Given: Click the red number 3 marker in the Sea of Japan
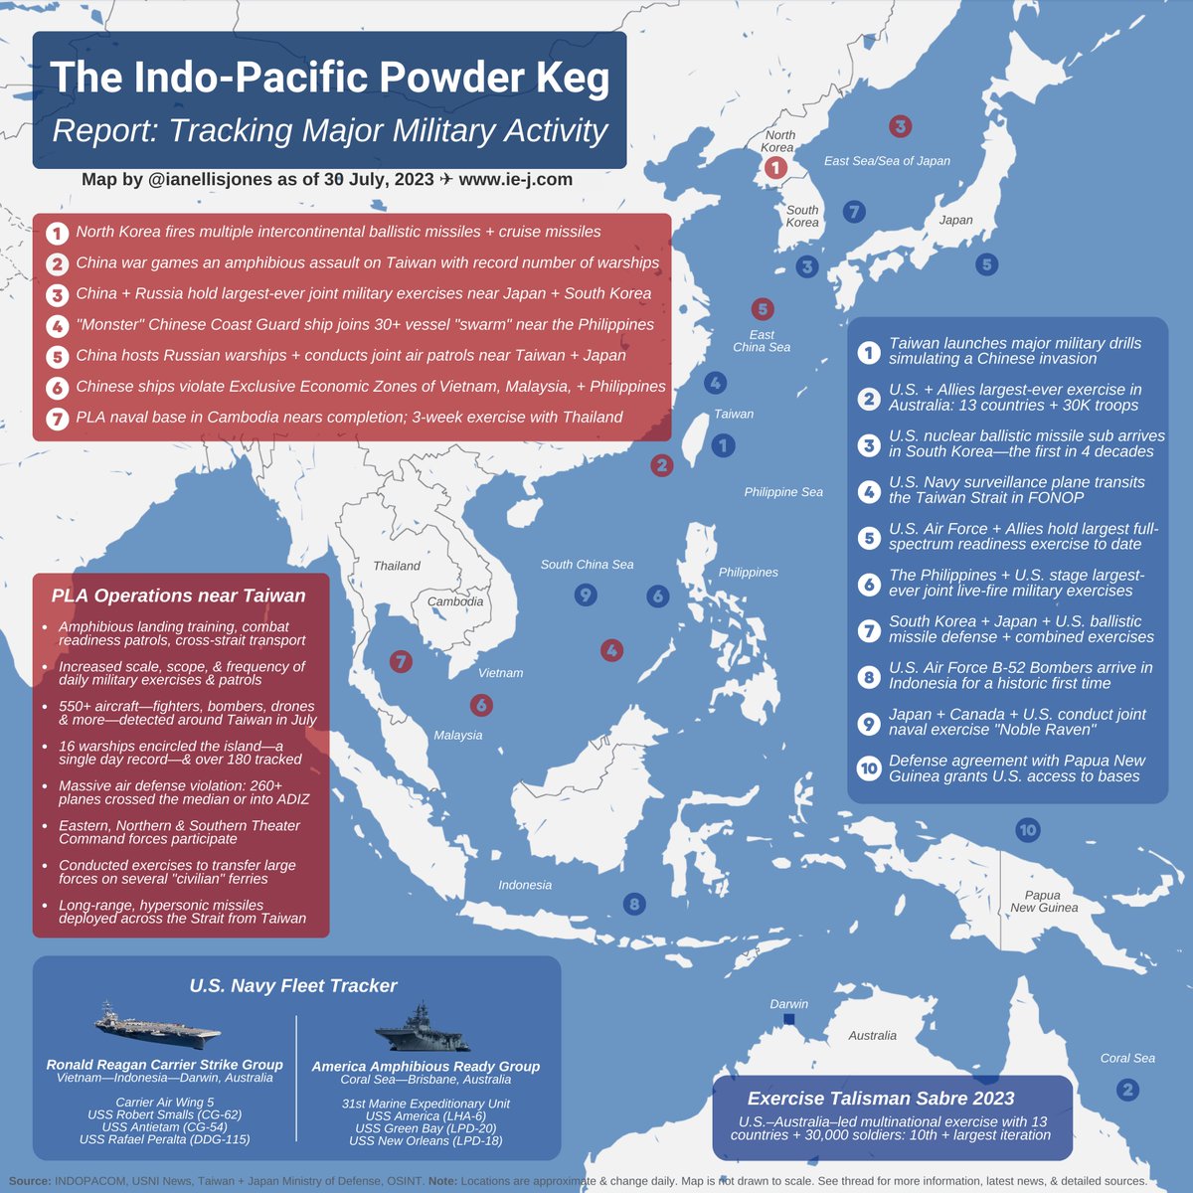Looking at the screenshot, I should click(900, 126).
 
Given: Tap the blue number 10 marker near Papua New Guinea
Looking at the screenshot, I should click(1027, 830).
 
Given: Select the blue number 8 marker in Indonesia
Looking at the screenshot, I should click(633, 904).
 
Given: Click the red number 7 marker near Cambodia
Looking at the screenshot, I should click(401, 661).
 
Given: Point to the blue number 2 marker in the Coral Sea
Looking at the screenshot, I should click(1126, 1090).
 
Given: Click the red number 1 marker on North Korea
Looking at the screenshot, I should click(776, 169).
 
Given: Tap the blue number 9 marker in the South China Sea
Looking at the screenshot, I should click(586, 596).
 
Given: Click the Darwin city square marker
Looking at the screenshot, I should click(789, 1020).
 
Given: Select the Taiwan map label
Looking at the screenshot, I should click(734, 414).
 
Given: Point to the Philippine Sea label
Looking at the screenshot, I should click(783, 492).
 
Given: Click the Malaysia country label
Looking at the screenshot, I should click(457, 735).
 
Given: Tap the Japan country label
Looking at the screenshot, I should click(955, 220).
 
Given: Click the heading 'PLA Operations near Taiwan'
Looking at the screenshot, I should click(179, 596).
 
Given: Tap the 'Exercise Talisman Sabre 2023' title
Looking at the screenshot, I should click(881, 1099).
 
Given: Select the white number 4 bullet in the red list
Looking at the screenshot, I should click(58, 325).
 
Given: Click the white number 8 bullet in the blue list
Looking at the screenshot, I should click(869, 676).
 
